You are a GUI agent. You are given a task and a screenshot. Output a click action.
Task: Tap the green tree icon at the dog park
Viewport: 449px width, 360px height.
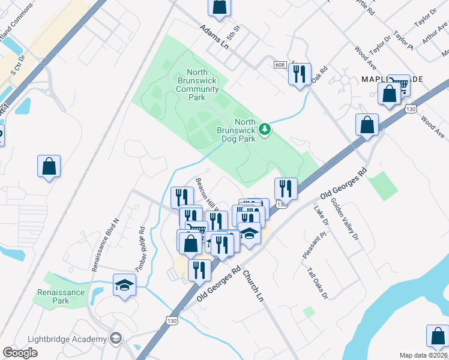(x=265, y=128)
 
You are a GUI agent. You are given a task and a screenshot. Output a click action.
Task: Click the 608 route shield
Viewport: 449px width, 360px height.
(x=280, y=64)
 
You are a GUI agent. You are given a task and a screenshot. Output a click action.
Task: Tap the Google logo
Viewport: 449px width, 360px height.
(x=20, y=352)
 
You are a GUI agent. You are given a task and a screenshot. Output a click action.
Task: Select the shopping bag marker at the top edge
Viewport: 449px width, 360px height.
(x=220, y=7)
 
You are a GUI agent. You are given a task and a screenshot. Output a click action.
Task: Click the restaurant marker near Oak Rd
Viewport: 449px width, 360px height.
(x=298, y=74)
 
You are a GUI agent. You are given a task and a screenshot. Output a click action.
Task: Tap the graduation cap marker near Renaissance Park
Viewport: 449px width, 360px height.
(x=125, y=285)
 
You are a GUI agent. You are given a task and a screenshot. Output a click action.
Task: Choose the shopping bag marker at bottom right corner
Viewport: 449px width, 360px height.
(x=438, y=337)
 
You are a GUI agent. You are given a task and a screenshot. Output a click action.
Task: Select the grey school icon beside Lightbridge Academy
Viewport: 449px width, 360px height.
(x=116, y=340)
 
